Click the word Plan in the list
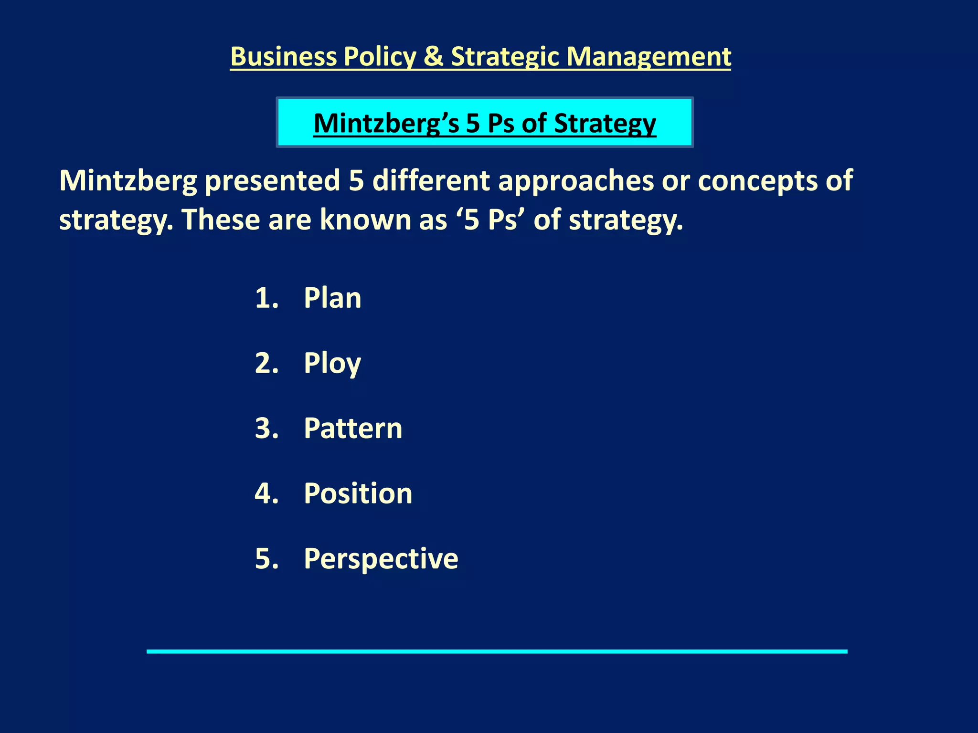332,298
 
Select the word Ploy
332,364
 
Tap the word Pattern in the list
353,428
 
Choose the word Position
358,493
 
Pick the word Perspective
381,558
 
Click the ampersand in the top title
434,56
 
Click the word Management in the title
648,56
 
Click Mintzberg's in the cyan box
386,123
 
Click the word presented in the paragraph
272,181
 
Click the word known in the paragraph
366,220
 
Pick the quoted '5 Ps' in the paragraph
490,220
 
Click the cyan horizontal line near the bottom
497,651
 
